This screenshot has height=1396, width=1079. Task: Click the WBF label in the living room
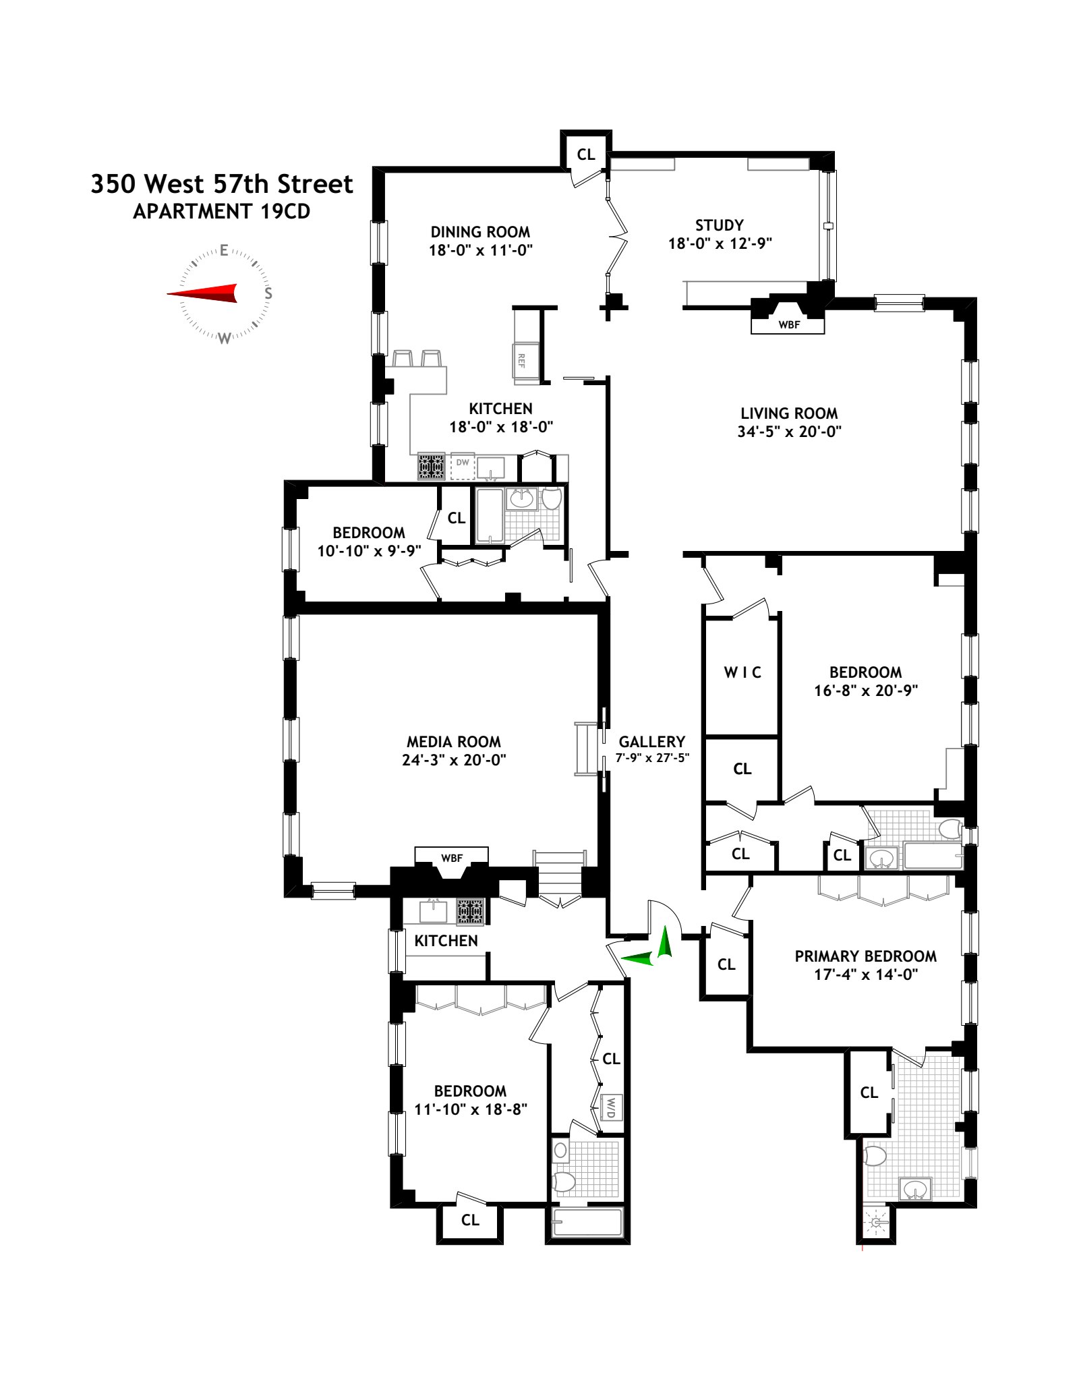coord(788,325)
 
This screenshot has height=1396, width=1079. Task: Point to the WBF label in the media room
coord(451,859)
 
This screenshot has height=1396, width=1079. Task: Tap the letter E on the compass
coord(225,251)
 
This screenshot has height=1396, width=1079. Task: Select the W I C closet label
coord(742,672)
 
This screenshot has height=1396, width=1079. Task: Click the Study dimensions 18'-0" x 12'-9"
coord(720,243)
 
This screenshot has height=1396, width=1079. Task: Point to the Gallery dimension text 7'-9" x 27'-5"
coord(652,757)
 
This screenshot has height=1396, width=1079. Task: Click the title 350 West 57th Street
coord(222,184)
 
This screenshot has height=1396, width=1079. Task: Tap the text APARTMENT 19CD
coord(222,212)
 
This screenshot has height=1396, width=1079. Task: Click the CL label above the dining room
coord(585,154)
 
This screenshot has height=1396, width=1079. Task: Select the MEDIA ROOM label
coord(454,742)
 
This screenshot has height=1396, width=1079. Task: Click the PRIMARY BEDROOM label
coord(865,956)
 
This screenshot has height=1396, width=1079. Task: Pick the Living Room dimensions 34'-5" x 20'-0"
coord(789,432)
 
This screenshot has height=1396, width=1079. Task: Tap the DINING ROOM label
coord(480,232)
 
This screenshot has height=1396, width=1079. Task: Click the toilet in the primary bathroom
coord(875,1157)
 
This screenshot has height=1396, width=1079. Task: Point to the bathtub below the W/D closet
coord(587,1222)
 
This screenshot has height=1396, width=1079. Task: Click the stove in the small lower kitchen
coord(471,912)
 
